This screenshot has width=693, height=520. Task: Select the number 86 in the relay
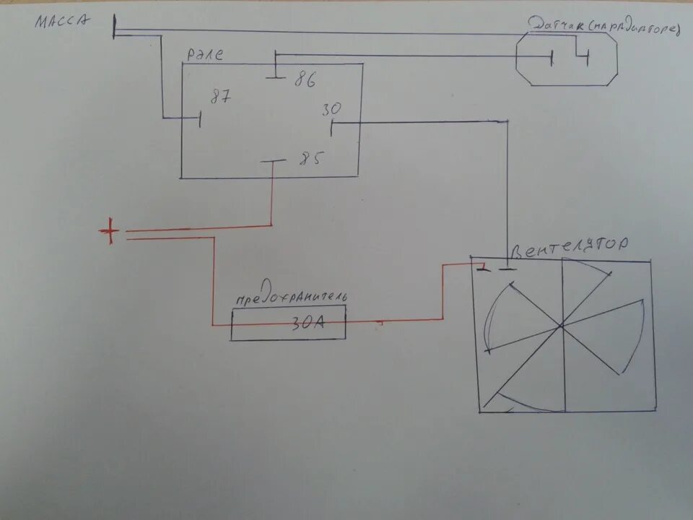point(304,80)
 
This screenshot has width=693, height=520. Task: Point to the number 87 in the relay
point(220,97)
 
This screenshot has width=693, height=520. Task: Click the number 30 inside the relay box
point(331,110)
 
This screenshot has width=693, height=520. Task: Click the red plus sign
point(110,231)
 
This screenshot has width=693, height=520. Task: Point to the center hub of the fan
point(562,327)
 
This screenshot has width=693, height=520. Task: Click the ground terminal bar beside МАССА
point(114,28)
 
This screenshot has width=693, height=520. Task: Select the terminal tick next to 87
point(200,119)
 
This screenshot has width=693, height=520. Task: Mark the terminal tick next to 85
point(272,162)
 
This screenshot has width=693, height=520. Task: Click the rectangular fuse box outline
point(288,323)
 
